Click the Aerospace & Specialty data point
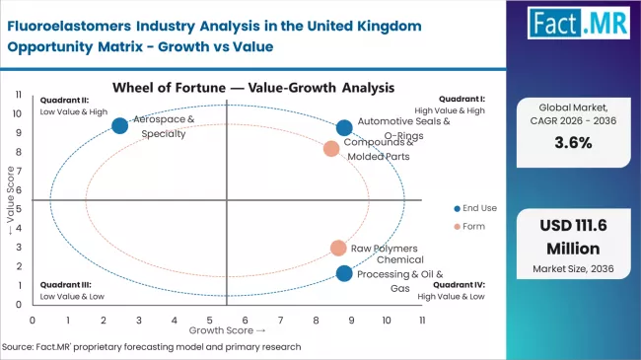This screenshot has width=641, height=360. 120,125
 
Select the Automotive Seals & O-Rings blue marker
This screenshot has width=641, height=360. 344,127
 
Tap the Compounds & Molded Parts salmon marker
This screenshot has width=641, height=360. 331,149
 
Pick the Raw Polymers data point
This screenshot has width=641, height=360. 338,249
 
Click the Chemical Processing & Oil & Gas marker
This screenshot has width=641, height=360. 344,273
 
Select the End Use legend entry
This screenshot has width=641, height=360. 477,208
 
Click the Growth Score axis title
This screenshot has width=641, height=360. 227,330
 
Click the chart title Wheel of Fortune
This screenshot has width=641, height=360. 227,87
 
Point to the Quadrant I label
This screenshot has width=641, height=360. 461,100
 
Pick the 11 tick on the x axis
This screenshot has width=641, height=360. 421,320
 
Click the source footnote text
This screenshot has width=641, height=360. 153,347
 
